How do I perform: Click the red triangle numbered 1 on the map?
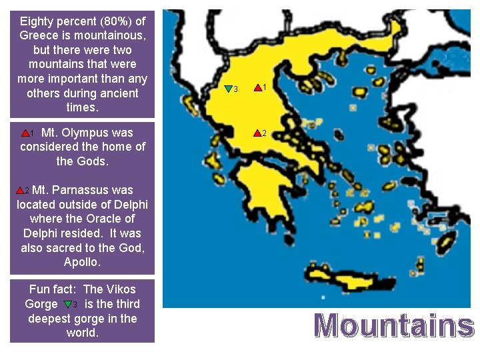257,87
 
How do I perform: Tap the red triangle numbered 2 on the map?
257,133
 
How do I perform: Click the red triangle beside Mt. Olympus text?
26,133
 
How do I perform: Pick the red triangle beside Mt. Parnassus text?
20,190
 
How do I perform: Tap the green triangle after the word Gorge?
68,304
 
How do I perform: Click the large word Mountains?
393,326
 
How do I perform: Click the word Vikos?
120,289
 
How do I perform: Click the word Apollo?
82,262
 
